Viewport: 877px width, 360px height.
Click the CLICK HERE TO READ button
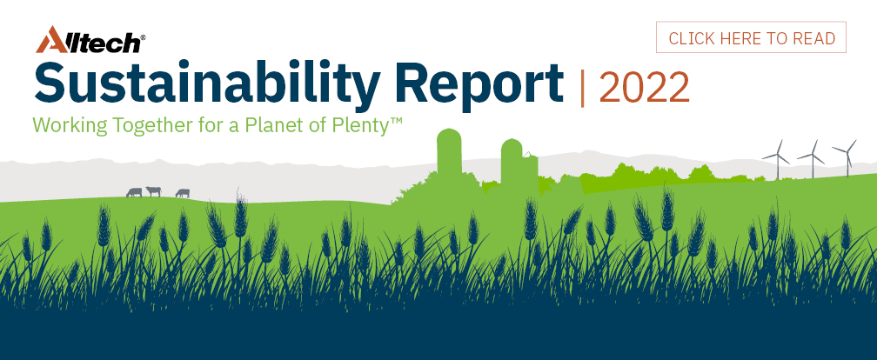tap(751, 37)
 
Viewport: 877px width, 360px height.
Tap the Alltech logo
tap(90, 40)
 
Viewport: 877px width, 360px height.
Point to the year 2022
tap(644, 87)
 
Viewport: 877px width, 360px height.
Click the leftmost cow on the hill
tap(134, 192)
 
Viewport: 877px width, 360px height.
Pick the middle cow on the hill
tap(153, 191)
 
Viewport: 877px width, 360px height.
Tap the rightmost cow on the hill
tap(183, 193)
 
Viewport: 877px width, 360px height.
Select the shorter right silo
tap(512, 162)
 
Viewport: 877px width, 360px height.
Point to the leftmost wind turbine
tap(776, 159)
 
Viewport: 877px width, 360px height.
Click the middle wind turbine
tap(812, 159)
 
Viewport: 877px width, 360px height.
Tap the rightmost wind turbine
tap(847, 157)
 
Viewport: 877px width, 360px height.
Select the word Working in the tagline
tap(70, 124)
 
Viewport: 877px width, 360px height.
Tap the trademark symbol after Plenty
tap(396, 119)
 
